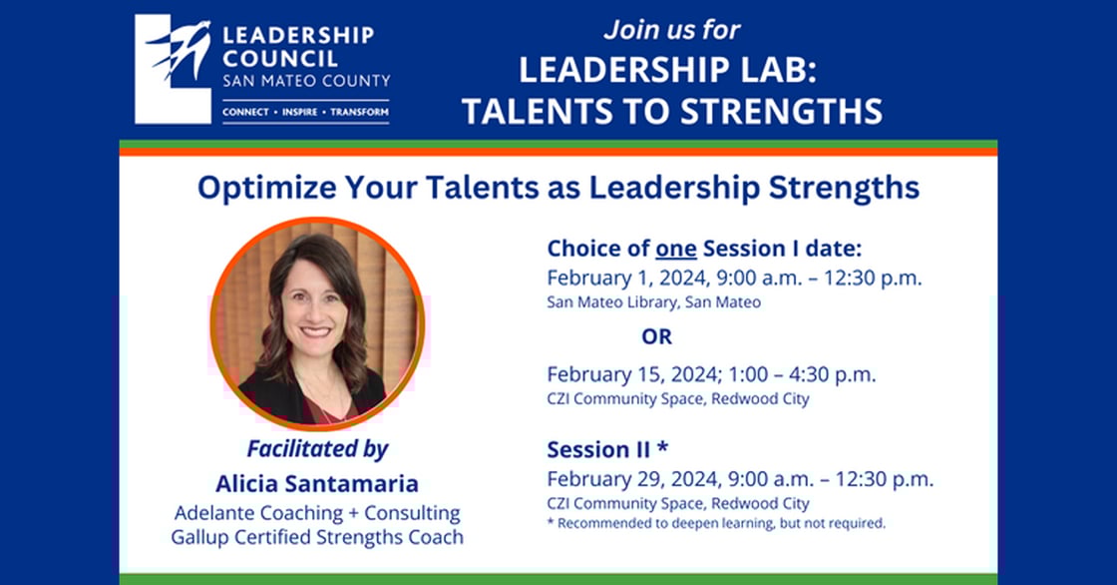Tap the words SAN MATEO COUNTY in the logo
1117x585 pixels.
pyautogui.click(x=306, y=81)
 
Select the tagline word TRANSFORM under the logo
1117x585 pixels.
pyautogui.click(x=359, y=112)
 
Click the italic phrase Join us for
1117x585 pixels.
pyautogui.click(x=672, y=30)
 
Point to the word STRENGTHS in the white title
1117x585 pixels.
pyautogui.click(x=781, y=111)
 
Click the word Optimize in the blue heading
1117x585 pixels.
pyautogui.click(x=267, y=189)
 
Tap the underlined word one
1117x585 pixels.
pyautogui.click(x=676, y=249)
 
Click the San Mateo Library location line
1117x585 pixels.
pyautogui.click(x=654, y=302)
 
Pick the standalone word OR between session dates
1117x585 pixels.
pyautogui.click(x=657, y=336)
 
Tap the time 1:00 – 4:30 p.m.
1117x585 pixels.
pyautogui.click(x=803, y=374)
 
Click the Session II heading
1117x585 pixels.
pyautogui.click(x=607, y=449)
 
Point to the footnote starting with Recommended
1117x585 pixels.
pyautogui.click(x=716, y=523)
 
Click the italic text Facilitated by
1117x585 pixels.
pyautogui.click(x=318, y=449)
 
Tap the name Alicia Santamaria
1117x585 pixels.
pyautogui.click(x=317, y=484)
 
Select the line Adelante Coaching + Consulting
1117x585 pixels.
pyautogui.click(x=317, y=513)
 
